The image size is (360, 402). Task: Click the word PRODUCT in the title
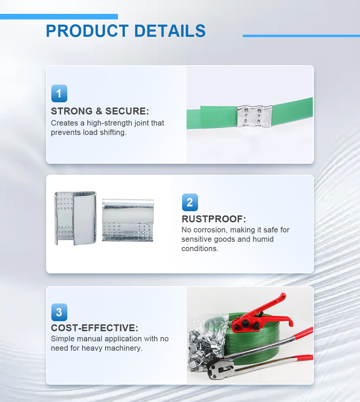coord(87,31)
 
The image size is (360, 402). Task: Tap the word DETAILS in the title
coord(170,31)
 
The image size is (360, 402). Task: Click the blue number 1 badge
coord(59,93)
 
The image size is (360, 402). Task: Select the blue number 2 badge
coord(190,202)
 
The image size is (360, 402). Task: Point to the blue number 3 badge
coord(59,312)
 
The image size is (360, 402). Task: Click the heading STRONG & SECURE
coord(100,111)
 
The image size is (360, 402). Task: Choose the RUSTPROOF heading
coord(214,219)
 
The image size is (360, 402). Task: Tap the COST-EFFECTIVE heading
coord(94,328)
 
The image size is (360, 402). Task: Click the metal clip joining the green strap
coord(254,116)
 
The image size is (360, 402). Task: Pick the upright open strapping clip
coord(75,218)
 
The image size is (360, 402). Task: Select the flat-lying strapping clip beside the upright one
coord(128,220)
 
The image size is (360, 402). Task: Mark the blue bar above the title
coord(59,17)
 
